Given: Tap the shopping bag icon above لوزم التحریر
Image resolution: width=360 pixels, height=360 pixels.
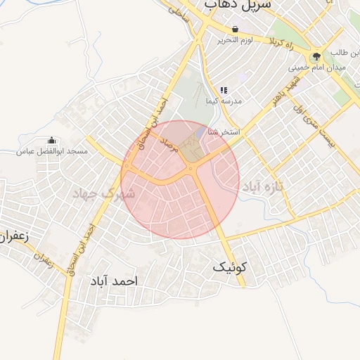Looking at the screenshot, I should (234, 29).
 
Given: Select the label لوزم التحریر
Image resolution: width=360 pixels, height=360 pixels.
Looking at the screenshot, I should (234, 39).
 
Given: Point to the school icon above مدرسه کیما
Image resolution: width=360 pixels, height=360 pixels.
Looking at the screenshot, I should (224, 90).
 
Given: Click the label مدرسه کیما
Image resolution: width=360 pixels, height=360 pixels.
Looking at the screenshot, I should (224, 101).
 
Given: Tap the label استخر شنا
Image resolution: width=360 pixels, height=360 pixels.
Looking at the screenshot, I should (225, 131).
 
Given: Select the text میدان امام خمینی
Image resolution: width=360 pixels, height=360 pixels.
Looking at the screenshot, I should (316, 67).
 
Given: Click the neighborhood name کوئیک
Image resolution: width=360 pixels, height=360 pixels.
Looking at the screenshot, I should (230, 267).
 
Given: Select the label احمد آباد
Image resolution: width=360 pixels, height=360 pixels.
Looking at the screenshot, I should (114, 281).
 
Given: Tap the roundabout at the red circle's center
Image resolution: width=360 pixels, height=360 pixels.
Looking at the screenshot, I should (191, 169).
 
